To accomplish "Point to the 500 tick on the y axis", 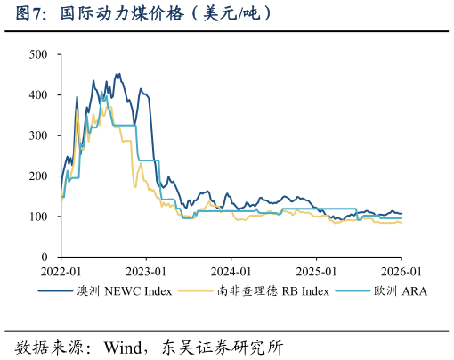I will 38,54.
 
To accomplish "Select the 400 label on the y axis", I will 38,95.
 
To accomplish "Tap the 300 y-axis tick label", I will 38,135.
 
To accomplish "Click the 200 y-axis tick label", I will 38,176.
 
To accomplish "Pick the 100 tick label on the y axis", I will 38,217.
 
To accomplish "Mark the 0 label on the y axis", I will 45,257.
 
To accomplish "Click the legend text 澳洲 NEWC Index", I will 125,291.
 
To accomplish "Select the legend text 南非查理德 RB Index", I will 272,291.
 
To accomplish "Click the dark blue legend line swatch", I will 55,291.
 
